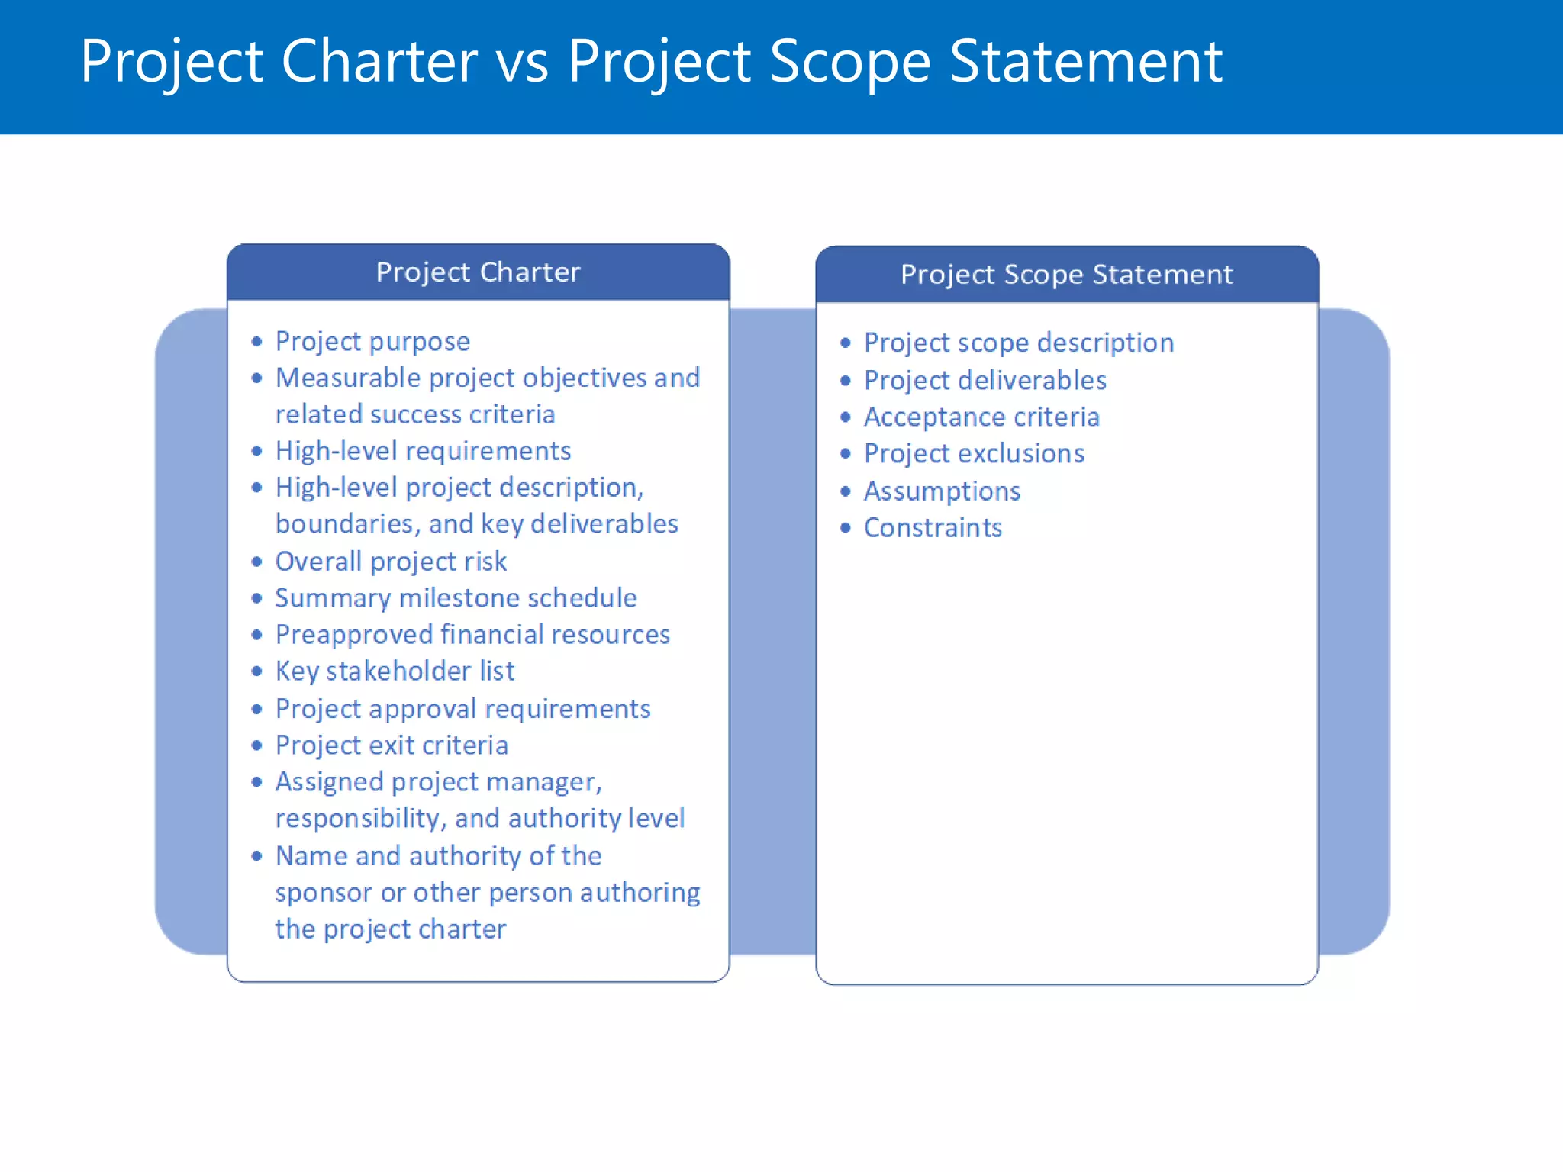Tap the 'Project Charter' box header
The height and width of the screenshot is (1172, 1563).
(478, 272)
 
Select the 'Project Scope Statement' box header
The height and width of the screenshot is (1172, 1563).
(1066, 275)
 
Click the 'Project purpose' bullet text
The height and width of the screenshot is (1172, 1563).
(372, 341)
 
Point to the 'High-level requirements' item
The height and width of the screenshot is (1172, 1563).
(423, 451)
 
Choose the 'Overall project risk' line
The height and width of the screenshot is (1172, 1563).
(391, 562)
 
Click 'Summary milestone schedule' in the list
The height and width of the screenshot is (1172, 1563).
(456, 598)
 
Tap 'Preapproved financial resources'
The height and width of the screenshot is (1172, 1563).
(472, 635)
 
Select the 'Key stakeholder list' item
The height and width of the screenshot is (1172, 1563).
(395, 671)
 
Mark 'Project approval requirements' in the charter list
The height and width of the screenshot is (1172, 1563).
(462, 709)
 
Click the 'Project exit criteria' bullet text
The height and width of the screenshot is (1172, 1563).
(392, 745)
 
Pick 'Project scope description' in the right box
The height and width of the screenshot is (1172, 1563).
(1018, 343)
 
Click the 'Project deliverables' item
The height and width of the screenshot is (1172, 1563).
(985, 380)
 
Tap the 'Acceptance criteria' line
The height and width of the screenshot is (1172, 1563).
(981, 417)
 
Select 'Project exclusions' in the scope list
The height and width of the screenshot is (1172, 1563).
(974, 454)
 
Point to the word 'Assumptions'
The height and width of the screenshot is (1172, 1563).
(942, 491)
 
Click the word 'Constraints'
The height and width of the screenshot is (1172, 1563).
(933, 528)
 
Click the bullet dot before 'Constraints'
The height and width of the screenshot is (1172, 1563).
(845, 528)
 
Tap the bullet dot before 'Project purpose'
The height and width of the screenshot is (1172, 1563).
(257, 342)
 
